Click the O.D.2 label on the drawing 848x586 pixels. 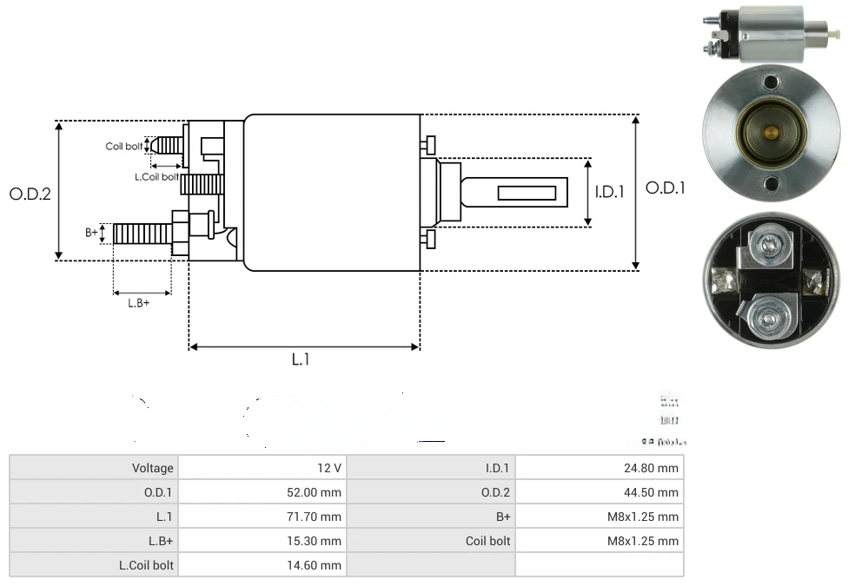[x=30, y=194]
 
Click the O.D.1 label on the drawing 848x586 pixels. [x=666, y=188]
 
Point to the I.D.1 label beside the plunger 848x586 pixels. [x=609, y=192]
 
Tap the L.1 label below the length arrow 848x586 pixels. [x=300, y=359]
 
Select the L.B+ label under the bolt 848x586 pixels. [x=139, y=303]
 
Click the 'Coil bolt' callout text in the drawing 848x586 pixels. [x=124, y=147]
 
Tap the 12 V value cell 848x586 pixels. [x=262, y=468]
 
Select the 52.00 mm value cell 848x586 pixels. [x=262, y=492]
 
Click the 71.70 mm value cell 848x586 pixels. [x=262, y=517]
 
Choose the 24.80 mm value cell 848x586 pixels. [x=600, y=468]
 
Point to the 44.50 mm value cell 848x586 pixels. [x=600, y=492]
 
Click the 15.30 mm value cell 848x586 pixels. [x=262, y=541]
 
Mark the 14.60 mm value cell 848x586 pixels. [x=262, y=565]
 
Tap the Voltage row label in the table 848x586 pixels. [x=94, y=468]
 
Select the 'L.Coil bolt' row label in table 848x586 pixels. [x=94, y=565]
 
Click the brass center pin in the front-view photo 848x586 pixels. [x=770, y=133]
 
